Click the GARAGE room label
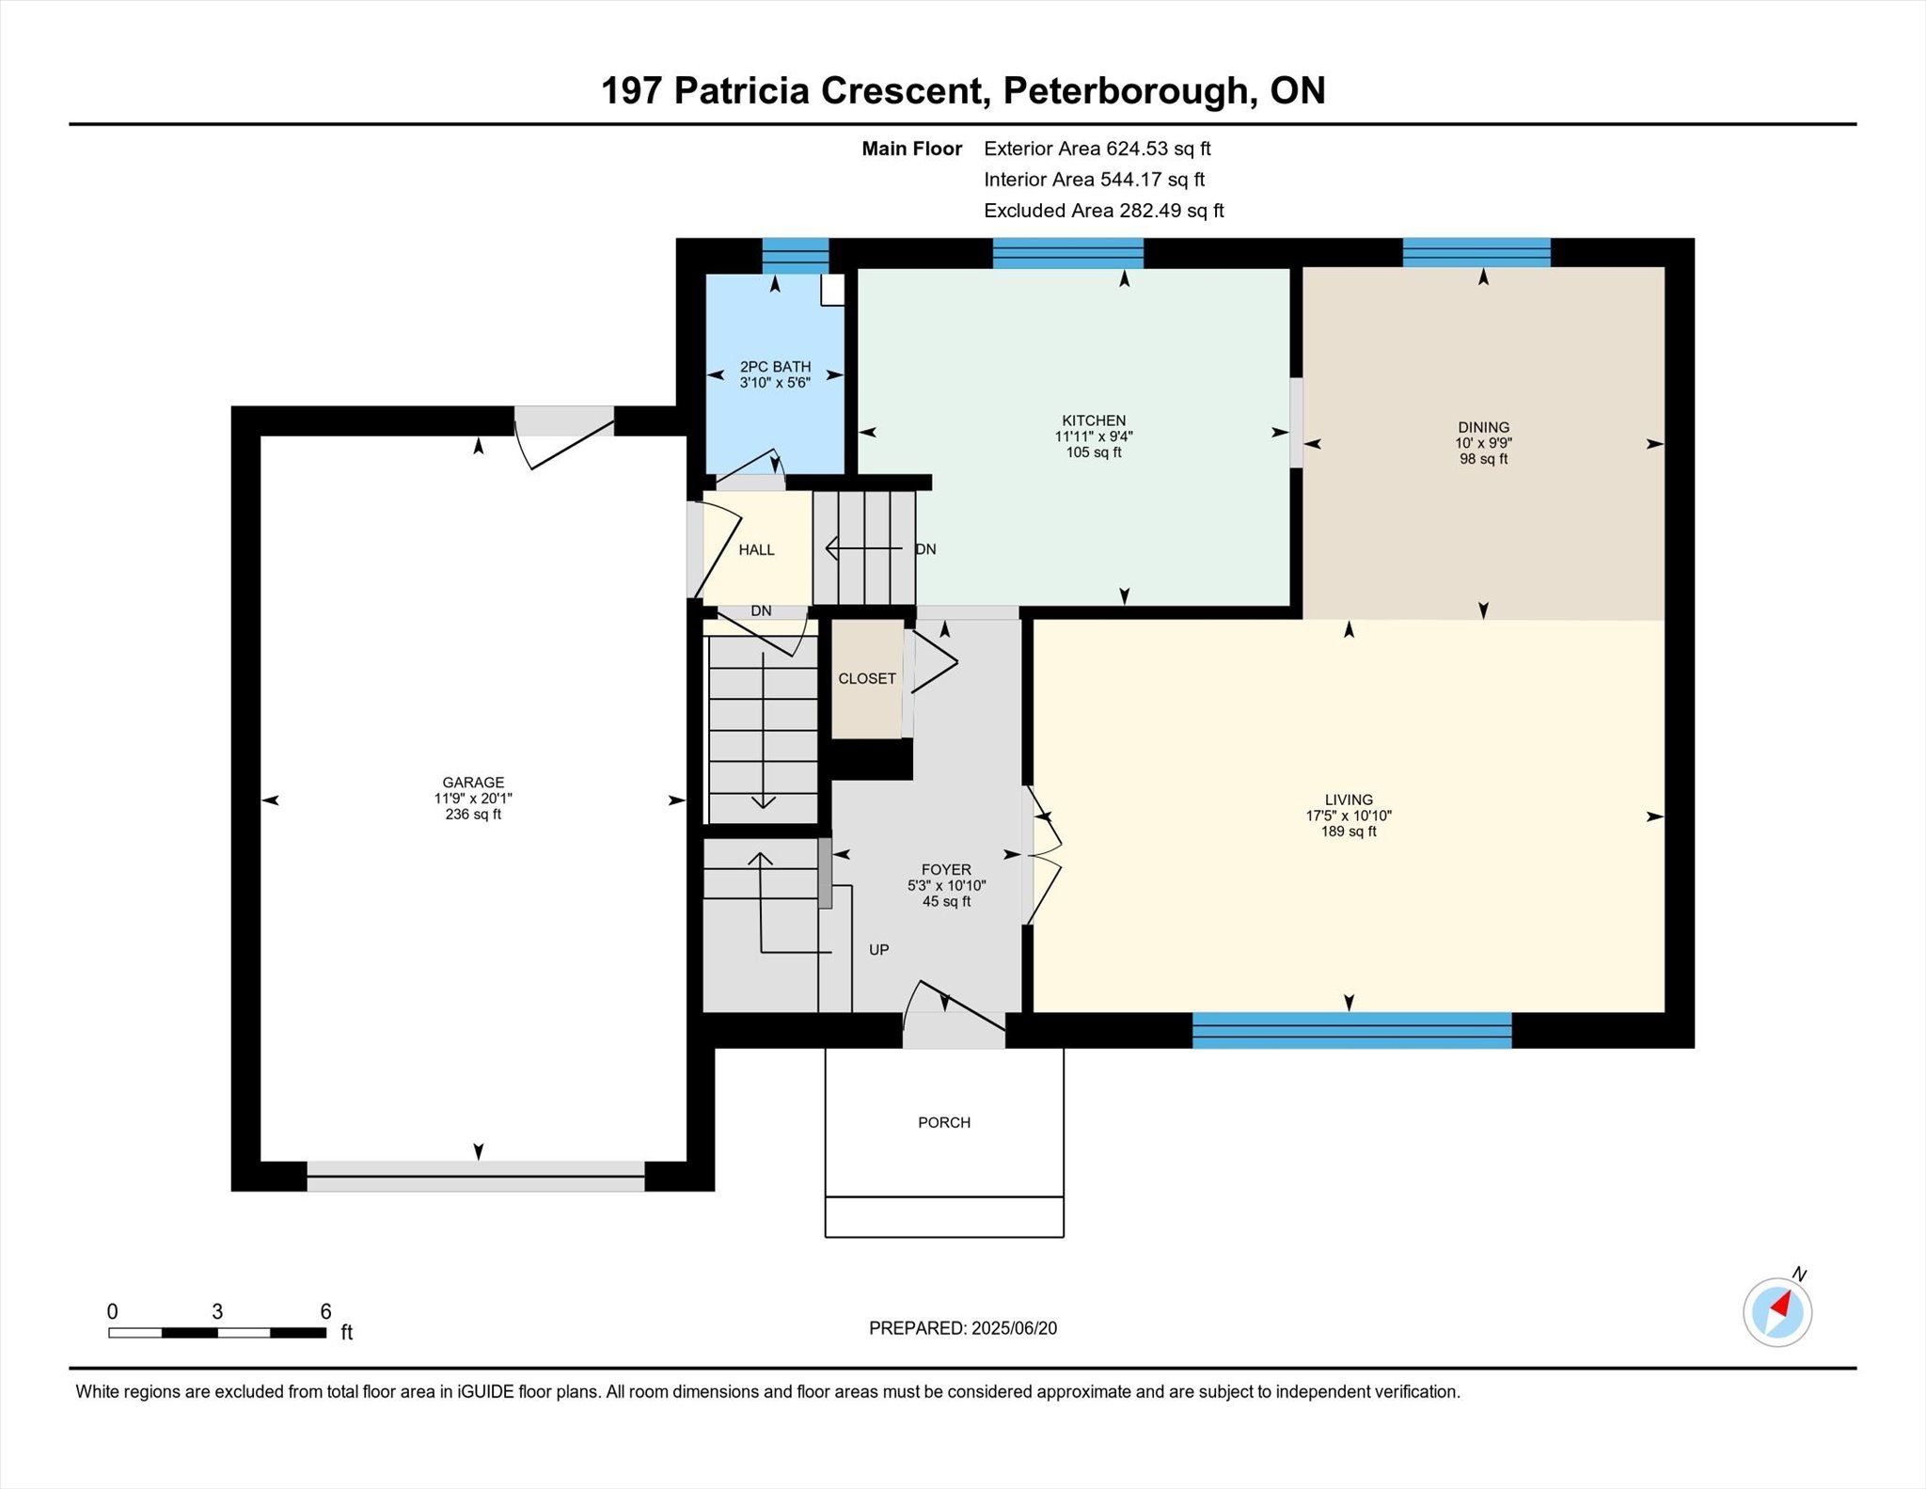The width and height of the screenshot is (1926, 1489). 473,783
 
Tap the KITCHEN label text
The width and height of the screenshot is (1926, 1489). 1094,420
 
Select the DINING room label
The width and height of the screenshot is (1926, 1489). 1483,427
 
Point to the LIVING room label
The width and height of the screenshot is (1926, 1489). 1349,800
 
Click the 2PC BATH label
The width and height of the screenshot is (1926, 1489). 775,367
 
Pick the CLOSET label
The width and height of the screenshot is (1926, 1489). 867,678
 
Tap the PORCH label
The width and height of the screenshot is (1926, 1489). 944,1122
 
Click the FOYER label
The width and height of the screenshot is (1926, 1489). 946,870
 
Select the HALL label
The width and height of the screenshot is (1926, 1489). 756,550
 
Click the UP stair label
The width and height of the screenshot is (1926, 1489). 879,950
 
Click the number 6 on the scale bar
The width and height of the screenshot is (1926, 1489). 325,1312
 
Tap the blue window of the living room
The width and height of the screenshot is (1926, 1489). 1351,1031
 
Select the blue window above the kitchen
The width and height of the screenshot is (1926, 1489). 1068,254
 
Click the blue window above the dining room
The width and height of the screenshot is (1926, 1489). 1476,253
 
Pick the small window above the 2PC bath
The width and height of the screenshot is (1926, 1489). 796,256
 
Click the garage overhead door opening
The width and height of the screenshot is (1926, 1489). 476,1176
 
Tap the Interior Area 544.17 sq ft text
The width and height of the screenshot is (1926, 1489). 1095,180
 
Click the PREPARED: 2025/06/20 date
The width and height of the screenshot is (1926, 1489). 963,1328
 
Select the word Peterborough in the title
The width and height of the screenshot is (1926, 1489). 1126,91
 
